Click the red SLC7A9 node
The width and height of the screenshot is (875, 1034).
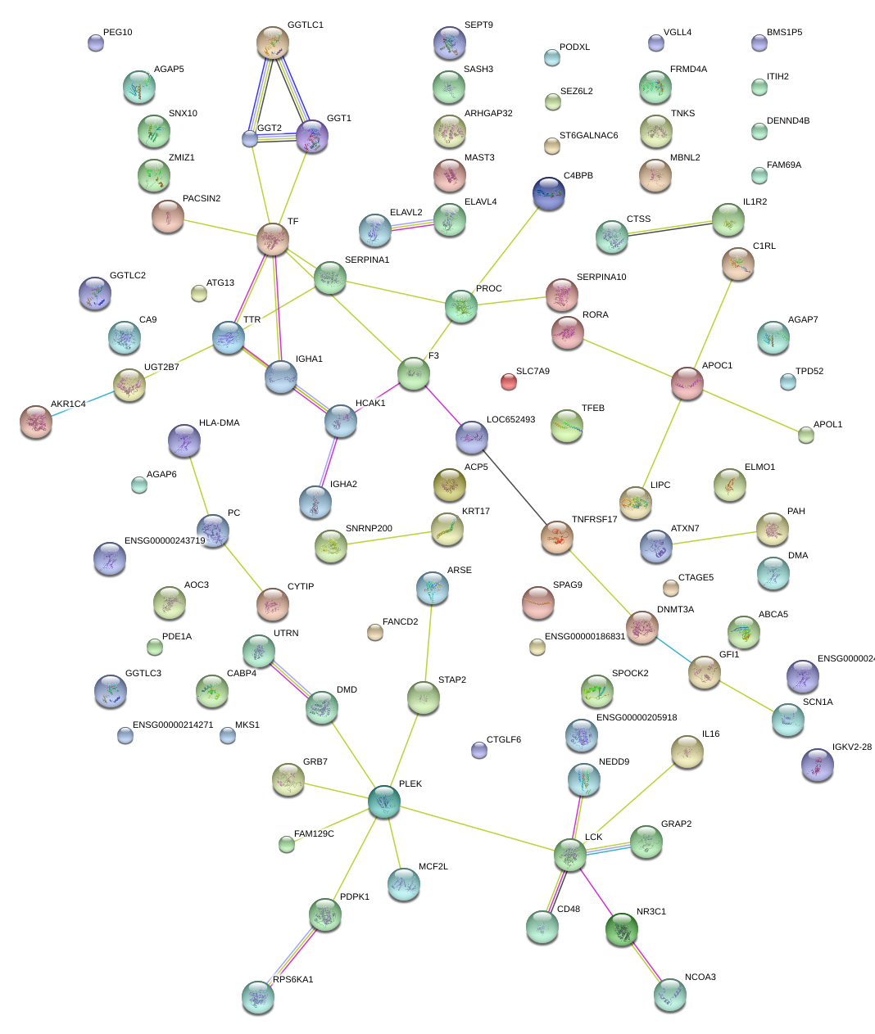pos(509,381)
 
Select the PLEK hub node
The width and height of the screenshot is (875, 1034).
pos(383,801)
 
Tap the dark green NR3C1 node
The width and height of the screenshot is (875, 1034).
pos(621,929)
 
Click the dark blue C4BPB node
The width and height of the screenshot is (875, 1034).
pos(548,192)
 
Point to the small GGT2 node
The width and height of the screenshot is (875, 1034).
pos(250,138)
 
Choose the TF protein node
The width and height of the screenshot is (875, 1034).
pos(272,239)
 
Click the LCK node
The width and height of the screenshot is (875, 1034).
pos(569,854)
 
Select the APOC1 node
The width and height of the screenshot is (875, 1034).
pos(687,382)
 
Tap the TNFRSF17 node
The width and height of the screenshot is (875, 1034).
pos(557,536)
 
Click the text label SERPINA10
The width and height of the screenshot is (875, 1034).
pos(601,277)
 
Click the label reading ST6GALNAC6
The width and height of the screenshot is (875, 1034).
pos(588,136)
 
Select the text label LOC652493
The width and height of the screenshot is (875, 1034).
pos(510,420)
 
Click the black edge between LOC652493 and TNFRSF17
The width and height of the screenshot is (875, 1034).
pos(515,487)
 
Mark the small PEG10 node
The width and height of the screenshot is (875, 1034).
pos(96,43)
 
